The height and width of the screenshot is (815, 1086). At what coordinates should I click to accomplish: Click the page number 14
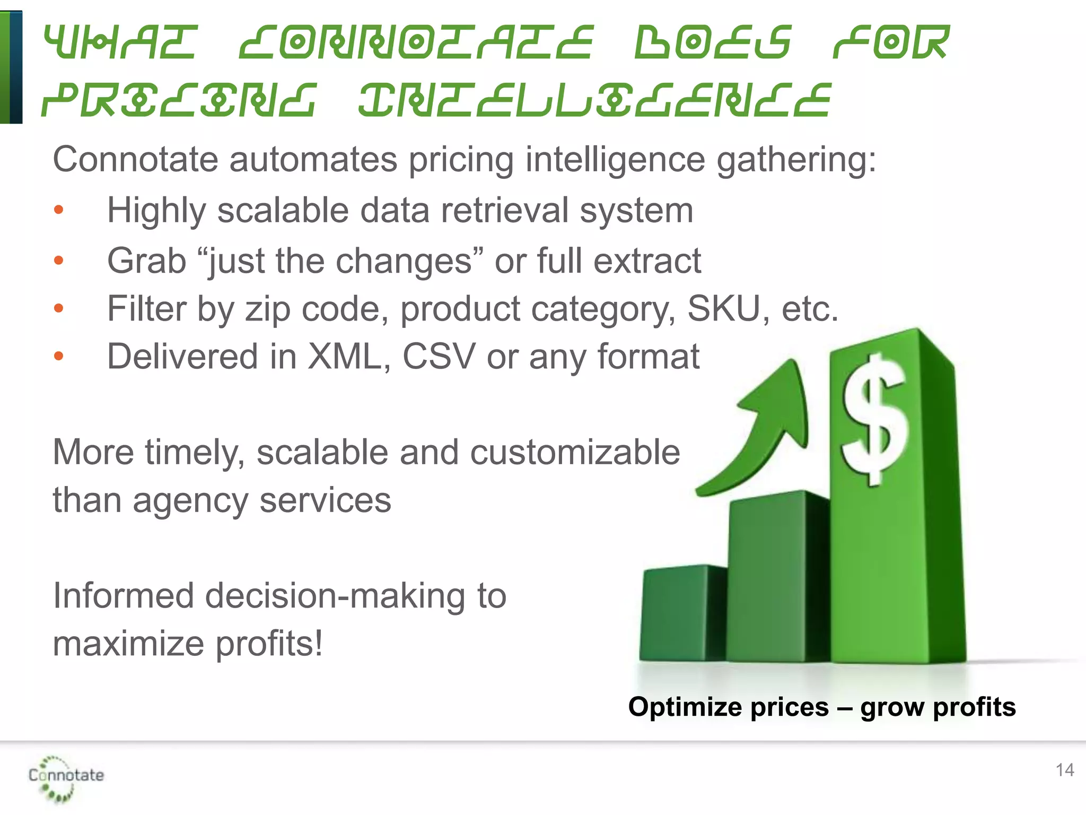click(x=1065, y=770)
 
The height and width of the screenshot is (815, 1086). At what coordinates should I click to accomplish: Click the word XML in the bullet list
click(x=345, y=357)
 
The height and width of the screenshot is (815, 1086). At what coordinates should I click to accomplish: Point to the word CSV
click(x=439, y=357)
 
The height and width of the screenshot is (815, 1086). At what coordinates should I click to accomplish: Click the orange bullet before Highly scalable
click(x=59, y=210)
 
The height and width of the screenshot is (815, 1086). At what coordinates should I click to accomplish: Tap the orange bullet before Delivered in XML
click(x=59, y=356)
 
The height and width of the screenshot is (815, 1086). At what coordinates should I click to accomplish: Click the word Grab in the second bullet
click(x=146, y=261)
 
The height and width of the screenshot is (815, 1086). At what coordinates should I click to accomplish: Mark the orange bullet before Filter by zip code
click(x=59, y=308)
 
